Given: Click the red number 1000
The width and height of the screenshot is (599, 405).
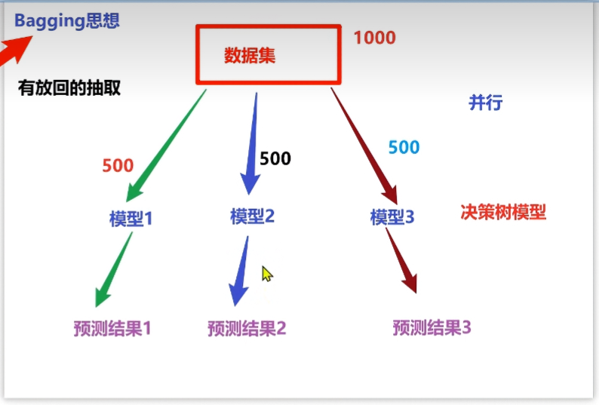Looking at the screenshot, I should click(x=374, y=37).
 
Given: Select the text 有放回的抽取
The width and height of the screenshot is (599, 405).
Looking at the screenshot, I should click(x=69, y=88).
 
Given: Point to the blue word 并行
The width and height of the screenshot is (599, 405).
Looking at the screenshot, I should click(x=485, y=103).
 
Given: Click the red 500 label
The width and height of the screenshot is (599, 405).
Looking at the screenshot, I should click(x=118, y=166).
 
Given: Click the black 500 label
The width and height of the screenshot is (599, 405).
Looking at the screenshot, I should click(x=275, y=158).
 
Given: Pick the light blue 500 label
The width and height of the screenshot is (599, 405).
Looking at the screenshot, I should click(x=404, y=147).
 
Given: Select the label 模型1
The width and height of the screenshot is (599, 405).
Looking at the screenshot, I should click(x=131, y=219).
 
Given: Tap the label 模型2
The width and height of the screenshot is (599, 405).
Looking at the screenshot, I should click(x=253, y=216).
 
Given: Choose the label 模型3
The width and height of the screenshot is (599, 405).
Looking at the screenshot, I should click(x=392, y=217).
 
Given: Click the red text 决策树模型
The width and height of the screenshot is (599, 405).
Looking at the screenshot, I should click(x=502, y=212).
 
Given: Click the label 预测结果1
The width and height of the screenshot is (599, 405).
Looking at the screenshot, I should click(x=112, y=329).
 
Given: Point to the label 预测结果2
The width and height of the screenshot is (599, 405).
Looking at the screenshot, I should click(x=247, y=328).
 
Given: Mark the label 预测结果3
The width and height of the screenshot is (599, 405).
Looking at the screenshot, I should click(x=432, y=327).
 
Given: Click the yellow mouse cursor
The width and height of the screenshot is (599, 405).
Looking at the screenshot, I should click(x=266, y=274).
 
